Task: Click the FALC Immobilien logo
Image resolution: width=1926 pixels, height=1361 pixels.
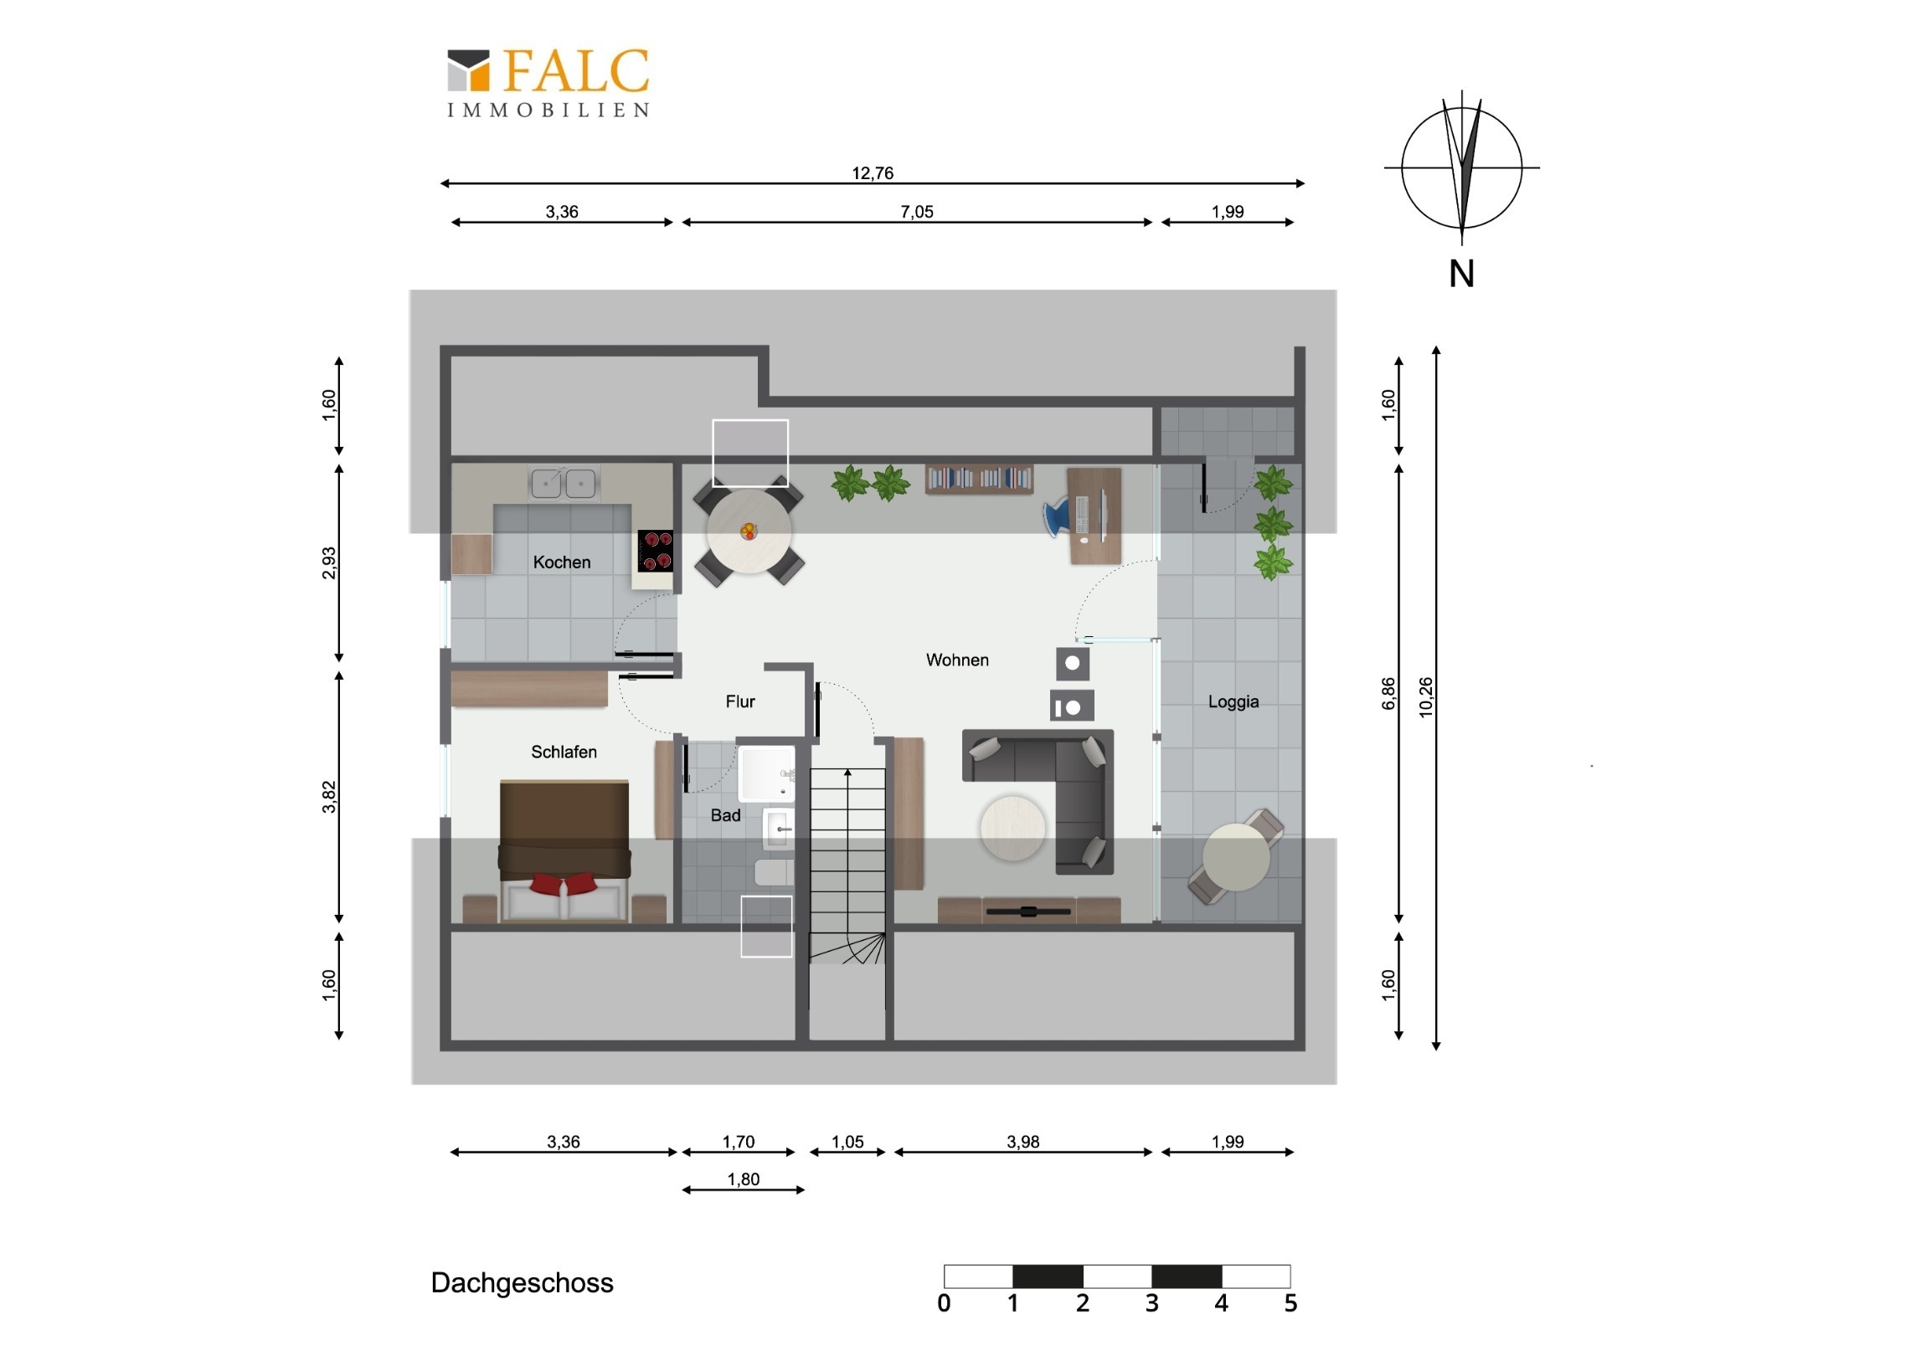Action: click(548, 83)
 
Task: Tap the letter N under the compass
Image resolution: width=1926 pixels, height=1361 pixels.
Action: click(1461, 275)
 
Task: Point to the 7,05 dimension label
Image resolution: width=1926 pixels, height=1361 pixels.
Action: click(917, 212)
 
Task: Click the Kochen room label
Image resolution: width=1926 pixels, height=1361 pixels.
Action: click(562, 562)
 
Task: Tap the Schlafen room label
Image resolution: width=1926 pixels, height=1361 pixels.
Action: click(564, 752)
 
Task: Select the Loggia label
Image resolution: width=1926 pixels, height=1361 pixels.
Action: click(1233, 702)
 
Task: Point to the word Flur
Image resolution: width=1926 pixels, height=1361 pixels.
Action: click(740, 701)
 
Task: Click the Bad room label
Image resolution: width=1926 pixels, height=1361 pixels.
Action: click(726, 815)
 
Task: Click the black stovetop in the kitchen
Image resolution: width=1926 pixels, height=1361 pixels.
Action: click(655, 550)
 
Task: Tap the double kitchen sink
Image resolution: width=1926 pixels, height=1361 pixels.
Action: click(564, 482)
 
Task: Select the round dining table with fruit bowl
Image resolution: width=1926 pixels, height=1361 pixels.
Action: click(749, 532)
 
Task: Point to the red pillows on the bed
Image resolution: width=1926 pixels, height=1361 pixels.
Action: click(564, 883)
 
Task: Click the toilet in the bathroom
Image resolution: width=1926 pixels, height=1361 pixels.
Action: click(775, 872)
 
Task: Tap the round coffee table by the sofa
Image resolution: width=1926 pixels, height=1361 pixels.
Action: click(1012, 829)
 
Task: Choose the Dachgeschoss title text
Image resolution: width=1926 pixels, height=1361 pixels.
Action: click(522, 1283)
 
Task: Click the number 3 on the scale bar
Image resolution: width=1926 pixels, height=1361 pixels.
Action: click(1151, 1303)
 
